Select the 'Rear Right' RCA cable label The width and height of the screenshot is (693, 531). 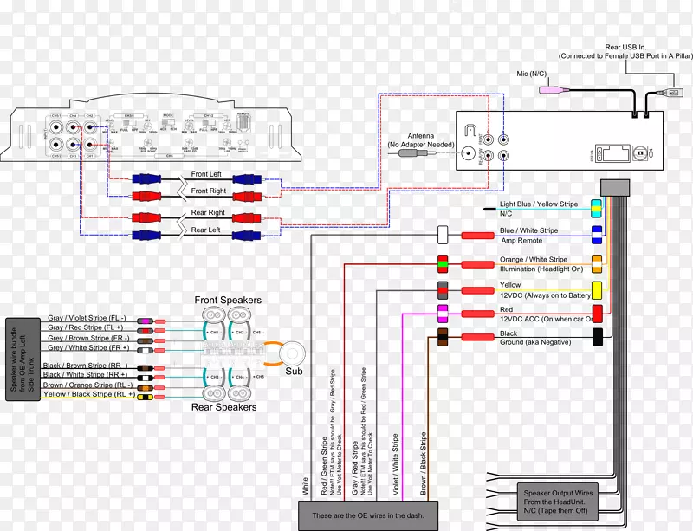207,212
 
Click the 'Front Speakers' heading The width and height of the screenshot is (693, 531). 228,301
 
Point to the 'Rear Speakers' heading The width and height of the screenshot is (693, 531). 224,406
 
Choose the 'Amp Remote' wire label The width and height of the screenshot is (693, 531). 521,240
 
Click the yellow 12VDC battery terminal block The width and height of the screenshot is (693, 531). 597,289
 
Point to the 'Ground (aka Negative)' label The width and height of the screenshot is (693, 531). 536,342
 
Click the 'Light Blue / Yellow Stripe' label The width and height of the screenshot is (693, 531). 538,205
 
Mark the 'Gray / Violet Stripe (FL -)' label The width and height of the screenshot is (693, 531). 87,318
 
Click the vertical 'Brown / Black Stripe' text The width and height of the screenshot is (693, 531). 424,464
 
